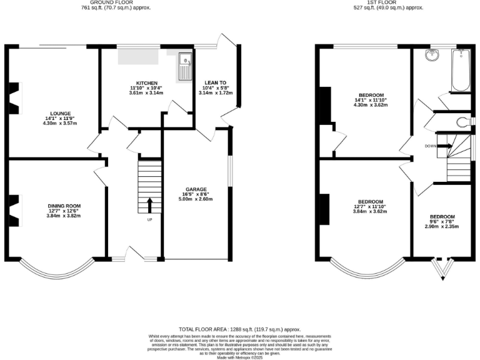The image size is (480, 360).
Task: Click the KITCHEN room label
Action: [x=147, y=82]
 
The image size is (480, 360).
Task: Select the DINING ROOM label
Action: [x=64, y=206]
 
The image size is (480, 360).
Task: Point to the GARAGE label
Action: [x=196, y=189]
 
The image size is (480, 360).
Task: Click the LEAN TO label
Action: [x=215, y=82]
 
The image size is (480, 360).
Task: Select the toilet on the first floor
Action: [x=462, y=121]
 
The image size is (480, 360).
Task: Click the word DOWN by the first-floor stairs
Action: [x=430, y=146]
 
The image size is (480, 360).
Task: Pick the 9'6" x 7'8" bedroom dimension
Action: [x=442, y=222]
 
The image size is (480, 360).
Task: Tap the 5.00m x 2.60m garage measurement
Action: [x=196, y=199]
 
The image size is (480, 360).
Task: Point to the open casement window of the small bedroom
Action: [x=444, y=269]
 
